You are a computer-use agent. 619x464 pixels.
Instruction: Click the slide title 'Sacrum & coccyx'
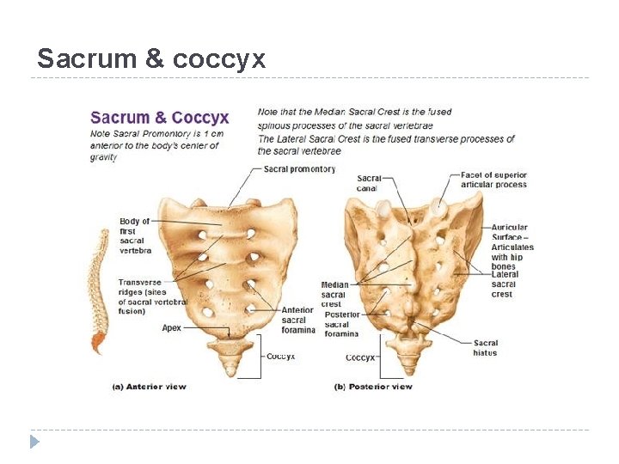[x=151, y=58]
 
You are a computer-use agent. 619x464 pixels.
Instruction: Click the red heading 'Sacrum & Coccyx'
[x=159, y=118]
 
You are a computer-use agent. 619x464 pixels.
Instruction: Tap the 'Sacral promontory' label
[x=299, y=169]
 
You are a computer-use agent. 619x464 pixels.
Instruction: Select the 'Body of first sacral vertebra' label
[x=135, y=235]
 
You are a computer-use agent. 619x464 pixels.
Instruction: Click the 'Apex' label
[x=172, y=327]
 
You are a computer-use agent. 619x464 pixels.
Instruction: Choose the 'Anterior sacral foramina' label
[x=298, y=321]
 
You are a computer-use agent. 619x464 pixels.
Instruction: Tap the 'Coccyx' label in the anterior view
[x=280, y=356]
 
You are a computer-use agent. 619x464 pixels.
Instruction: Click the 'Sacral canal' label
[x=368, y=183]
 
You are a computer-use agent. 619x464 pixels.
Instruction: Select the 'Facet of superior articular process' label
[x=493, y=180]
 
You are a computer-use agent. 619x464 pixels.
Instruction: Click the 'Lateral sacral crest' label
[x=505, y=284]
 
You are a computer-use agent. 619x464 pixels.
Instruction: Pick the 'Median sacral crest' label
[x=334, y=294]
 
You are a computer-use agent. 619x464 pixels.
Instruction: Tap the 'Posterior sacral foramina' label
[x=341, y=324]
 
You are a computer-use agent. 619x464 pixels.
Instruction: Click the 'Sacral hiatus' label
[x=485, y=348]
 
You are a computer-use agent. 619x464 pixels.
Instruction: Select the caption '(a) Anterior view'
[x=150, y=387]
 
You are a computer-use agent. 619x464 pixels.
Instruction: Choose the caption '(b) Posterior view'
[x=373, y=387]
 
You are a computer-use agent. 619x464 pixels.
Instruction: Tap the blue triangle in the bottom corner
[x=34, y=442]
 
